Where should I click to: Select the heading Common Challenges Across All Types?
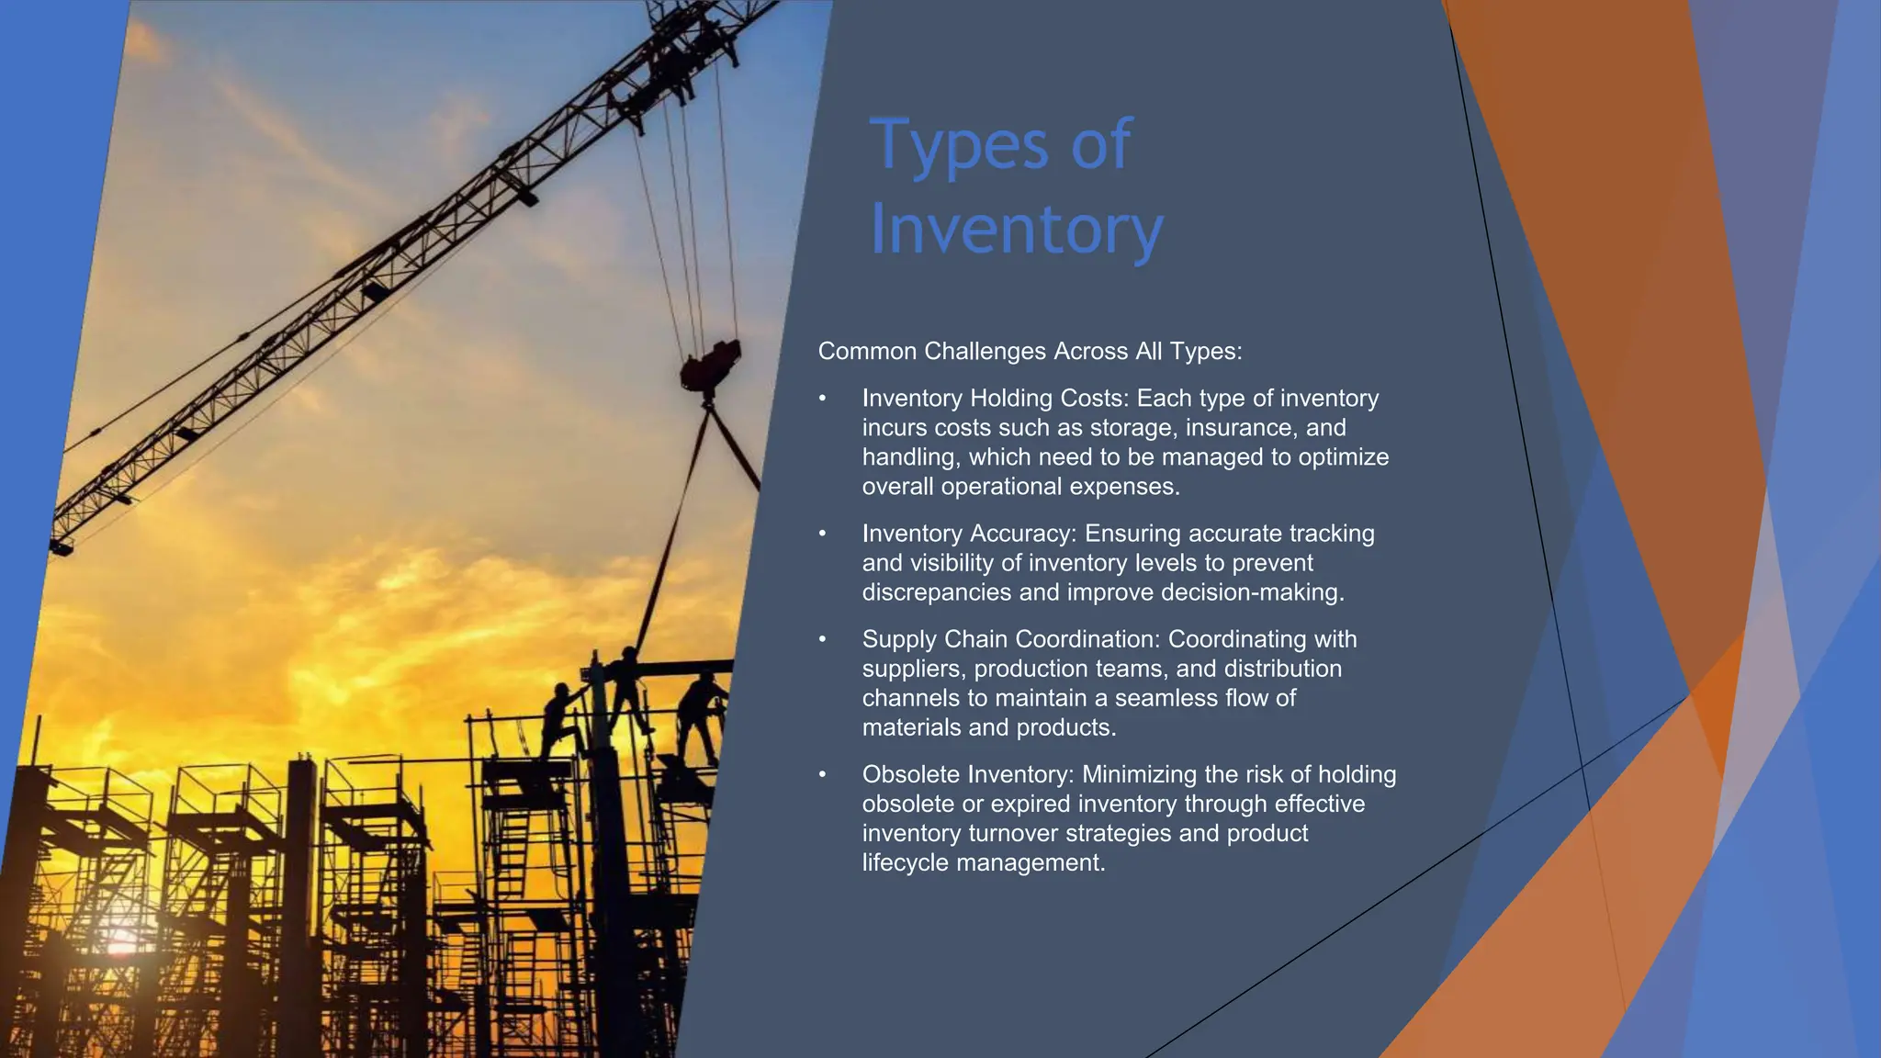(1030, 351)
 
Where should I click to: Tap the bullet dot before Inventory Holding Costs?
(823, 399)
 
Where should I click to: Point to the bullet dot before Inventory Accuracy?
(823, 534)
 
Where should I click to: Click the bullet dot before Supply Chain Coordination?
(823, 639)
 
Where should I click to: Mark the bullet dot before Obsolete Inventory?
(823, 775)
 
